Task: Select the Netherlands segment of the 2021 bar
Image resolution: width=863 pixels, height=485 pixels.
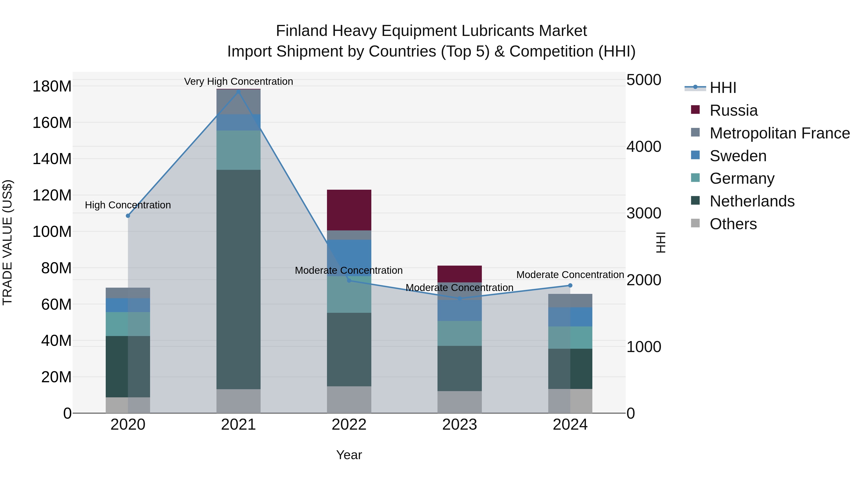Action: (238, 279)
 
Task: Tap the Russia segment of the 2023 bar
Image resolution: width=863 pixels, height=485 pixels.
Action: (459, 274)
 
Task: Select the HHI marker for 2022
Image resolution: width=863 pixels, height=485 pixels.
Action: (349, 280)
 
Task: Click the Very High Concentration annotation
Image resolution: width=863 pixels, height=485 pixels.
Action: (238, 81)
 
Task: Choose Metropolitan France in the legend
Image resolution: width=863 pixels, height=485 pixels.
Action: (779, 133)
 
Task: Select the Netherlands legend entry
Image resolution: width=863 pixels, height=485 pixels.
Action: (752, 201)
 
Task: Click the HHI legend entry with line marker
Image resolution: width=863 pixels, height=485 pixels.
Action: (710, 88)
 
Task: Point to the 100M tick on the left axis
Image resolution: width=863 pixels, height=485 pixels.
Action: (52, 232)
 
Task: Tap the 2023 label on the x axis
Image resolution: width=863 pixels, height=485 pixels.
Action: (459, 425)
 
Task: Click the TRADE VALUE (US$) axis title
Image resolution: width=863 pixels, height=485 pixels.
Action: (7, 242)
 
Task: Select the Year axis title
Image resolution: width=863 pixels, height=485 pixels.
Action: (349, 455)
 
